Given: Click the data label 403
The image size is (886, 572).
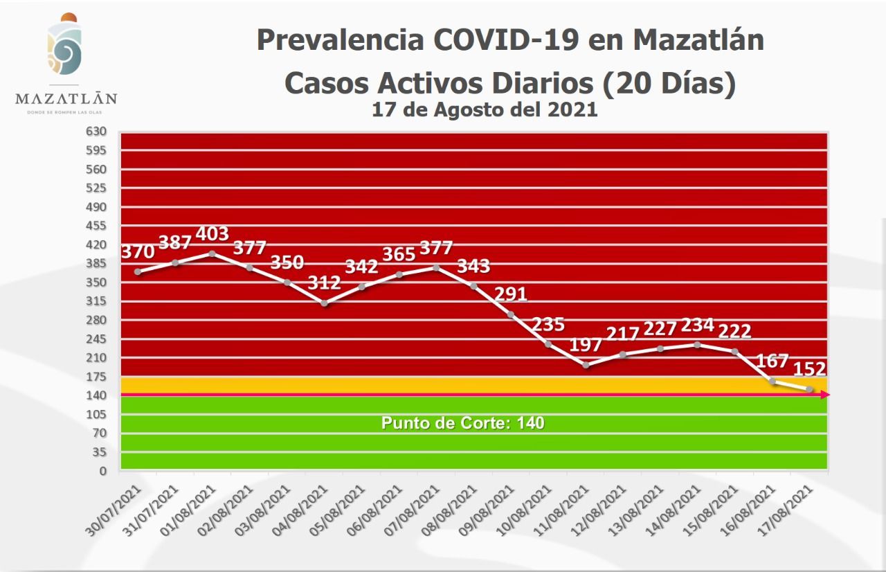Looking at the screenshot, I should coord(213,234).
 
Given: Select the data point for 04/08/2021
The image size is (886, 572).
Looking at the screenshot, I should coord(324,303).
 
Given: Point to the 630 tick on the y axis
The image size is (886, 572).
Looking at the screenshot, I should coord(96,132).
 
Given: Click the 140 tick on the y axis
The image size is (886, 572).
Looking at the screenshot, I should coord(96,395).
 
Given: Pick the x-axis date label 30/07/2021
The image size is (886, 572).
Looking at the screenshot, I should coord(118,508).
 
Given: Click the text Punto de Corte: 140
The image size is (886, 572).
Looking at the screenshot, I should coord(463,422).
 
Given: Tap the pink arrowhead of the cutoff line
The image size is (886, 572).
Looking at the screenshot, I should coord(825,395).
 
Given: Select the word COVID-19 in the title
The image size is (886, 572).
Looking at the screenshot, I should coord(507,40).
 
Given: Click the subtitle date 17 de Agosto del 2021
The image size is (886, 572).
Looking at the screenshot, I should coord(485,109).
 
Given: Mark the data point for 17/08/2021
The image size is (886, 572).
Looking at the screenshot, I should coord(809,390).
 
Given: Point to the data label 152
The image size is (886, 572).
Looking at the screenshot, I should coord(810,369).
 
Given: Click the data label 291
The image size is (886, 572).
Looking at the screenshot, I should coord(511,294).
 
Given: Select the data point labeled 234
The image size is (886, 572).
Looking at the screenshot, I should coord(697,344).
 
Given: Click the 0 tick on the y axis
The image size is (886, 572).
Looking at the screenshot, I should coord(103,471).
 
